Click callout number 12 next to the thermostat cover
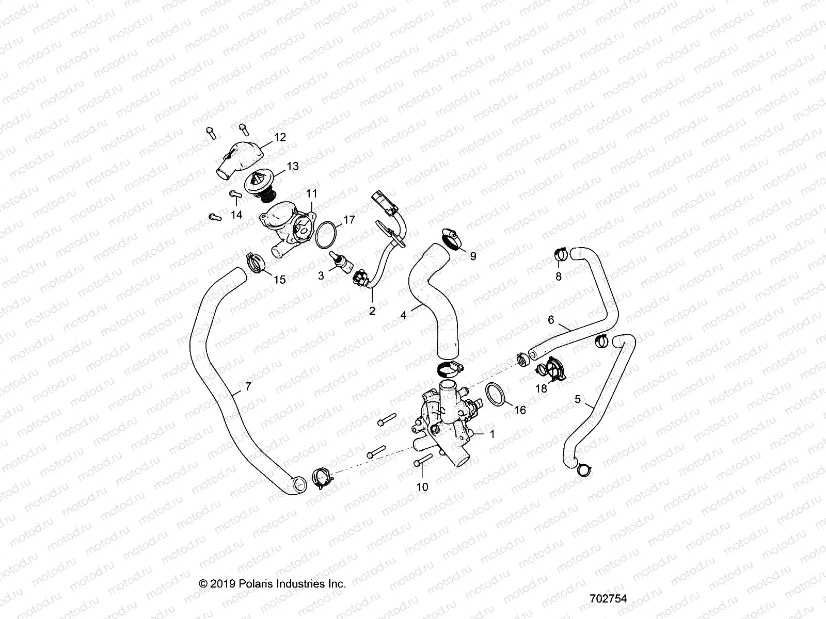(x=279, y=137)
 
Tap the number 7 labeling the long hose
(x=248, y=386)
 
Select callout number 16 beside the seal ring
(x=520, y=410)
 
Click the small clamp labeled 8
(x=562, y=254)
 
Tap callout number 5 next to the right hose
(x=577, y=399)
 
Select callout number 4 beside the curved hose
(x=404, y=314)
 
